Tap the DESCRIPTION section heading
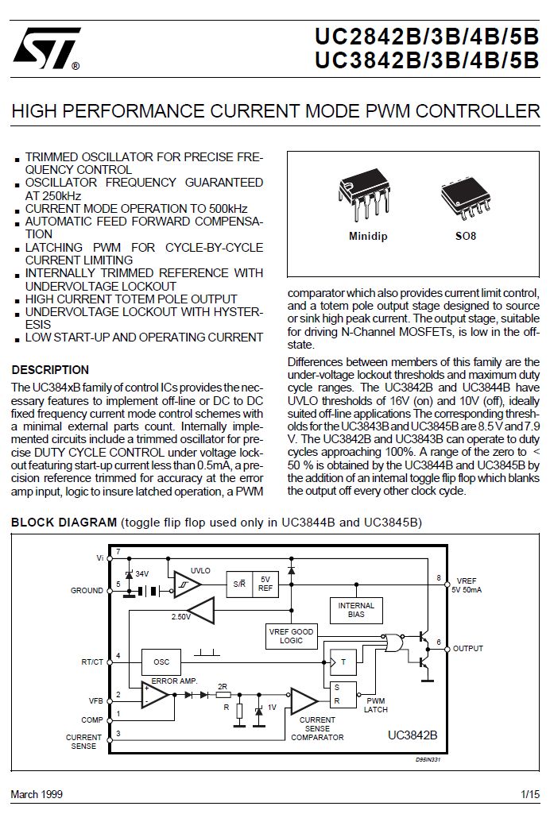(x=50, y=370)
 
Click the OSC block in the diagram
(x=161, y=662)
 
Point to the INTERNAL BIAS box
(x=356, y=610)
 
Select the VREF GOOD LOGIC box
(x=291, y=635)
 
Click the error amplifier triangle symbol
(x=155, y=696)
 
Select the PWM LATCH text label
(x=376, y=705)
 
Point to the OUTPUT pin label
(x=467, y=649)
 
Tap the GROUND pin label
(x=87, y=591)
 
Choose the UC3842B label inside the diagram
(x=412, y=735)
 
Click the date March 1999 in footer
(x=37, y=794)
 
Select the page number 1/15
(x=529, y=794)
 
